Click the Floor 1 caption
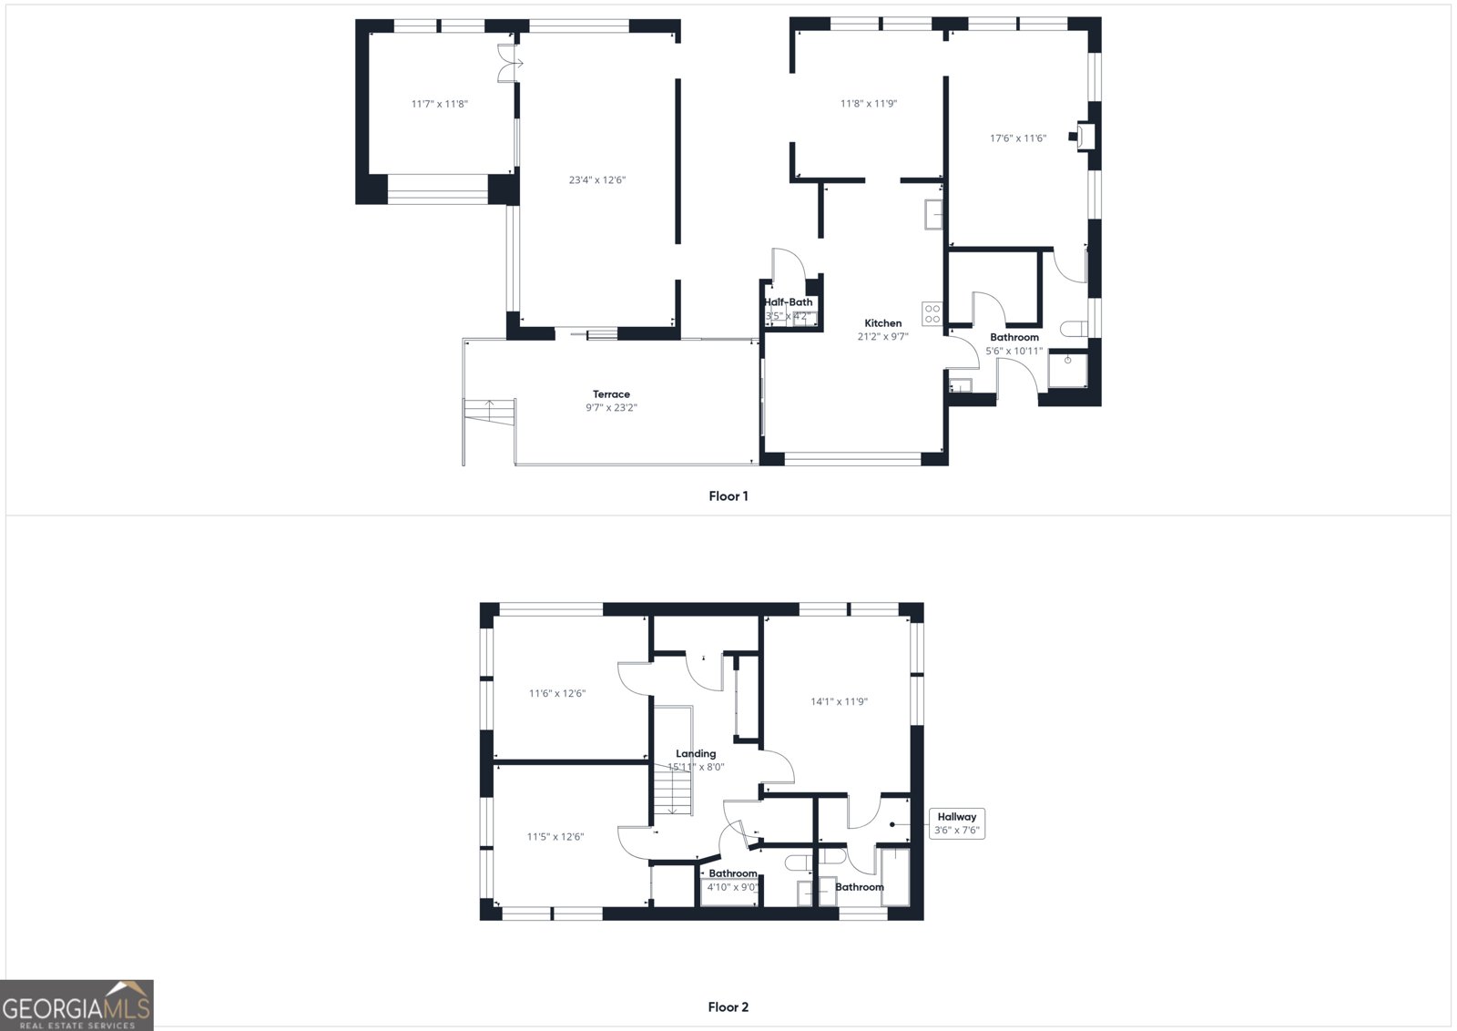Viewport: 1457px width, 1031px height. [x=728, y=496]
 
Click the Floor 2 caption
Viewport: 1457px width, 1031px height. [x=728, y=1007]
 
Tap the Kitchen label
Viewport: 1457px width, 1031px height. [x=882, y=323]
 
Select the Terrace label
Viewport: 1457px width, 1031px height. [x=611, y=394]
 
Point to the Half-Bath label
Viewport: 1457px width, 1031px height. [x=788, y=302]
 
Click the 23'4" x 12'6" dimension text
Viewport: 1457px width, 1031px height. [x=597, y=180]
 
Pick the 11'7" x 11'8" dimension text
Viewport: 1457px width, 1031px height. [x=439, y=104]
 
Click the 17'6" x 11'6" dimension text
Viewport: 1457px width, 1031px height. [x=1018, y=138]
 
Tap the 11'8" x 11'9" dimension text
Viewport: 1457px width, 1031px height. [x=869, y=104]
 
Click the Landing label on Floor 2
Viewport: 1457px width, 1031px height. [x=696, y=753]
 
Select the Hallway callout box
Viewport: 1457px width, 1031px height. [x=956, y=823]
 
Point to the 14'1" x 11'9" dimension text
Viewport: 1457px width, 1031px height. [x=839, y=701]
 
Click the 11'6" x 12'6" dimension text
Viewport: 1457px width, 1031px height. [x=557, y=693]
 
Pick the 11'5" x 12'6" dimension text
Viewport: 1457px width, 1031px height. [x=555, y=837]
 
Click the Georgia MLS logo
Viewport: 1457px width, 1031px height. [x=76, y=1005]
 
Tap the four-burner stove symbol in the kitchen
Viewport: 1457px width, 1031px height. [x=932, y=314]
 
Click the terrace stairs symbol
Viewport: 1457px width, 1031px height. [x=490, y=411]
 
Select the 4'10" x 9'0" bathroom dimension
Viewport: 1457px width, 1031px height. [x=732, y=887]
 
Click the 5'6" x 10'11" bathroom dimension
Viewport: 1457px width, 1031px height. [x=1014, y=351]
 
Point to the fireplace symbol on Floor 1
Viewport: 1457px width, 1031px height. [x=1084, y=137]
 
